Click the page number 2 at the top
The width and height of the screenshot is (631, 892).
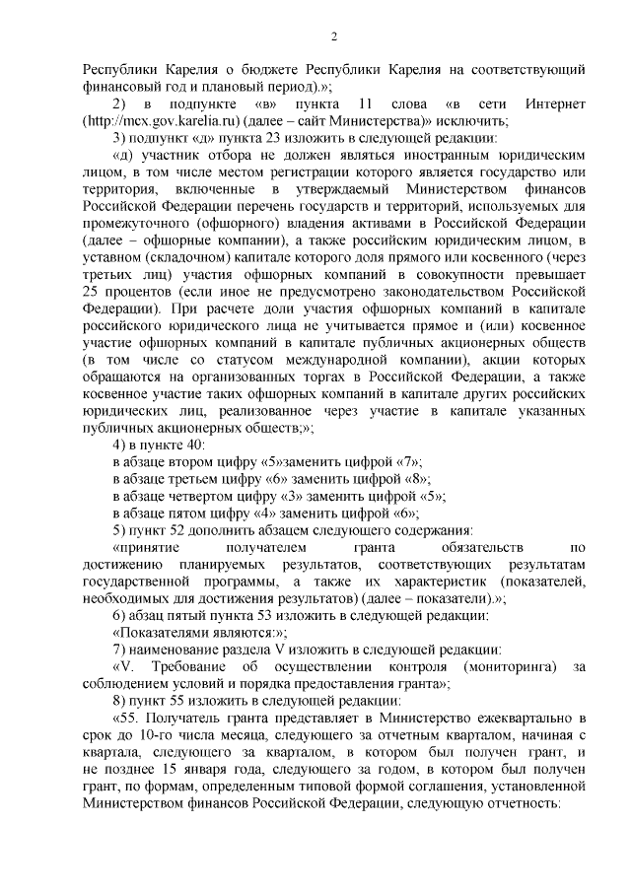tap(333, 37)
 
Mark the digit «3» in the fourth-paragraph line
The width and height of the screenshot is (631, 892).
tap(293, 496)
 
